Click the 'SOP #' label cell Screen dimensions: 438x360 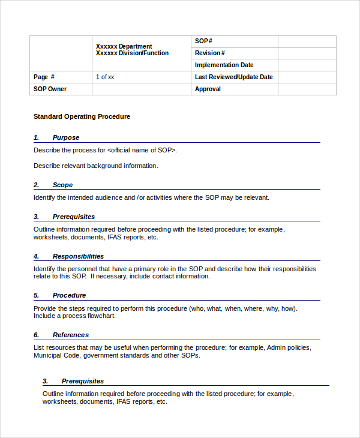[x=204, y=41]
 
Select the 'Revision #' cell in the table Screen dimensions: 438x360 [x=210, y=53]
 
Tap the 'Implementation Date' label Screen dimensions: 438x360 [x=224, y=65]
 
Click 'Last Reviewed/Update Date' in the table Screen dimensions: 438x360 [x=233, y=77]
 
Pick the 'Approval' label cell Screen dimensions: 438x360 [x=208, y=89]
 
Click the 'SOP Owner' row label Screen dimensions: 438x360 [x=50, y=89]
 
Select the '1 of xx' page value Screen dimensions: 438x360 [x=105, y=77]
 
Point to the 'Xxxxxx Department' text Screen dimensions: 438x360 [x=124, y=46]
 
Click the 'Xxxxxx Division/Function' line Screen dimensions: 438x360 [x=132, y=53]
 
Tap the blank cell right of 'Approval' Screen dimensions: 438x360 [x=307, y=89]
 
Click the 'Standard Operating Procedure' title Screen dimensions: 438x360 [x=82, y=116]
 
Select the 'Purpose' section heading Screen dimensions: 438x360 [x=65, y=137]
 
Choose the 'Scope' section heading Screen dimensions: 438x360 [x=62, y=185]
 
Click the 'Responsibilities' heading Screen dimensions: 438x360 [x=78, y=256]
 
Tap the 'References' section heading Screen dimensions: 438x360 [x=70, y=335]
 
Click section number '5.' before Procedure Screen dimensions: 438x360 [x=36, y=295]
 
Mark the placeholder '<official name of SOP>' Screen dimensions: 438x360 [x=142, y=150]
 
